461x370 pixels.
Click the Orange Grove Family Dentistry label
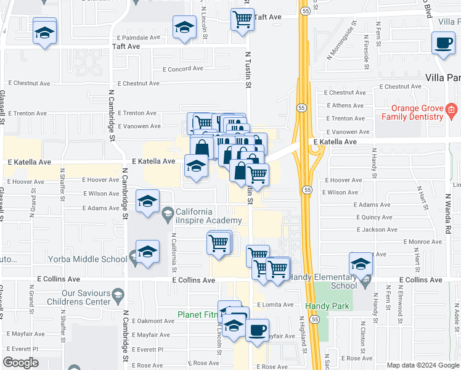[412, 112]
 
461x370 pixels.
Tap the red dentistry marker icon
[451, 112]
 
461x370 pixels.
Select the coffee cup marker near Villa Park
[443, 44]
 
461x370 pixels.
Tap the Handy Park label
[327, 306]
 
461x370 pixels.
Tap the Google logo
[21, 363]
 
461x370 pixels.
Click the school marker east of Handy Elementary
[361, 265]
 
